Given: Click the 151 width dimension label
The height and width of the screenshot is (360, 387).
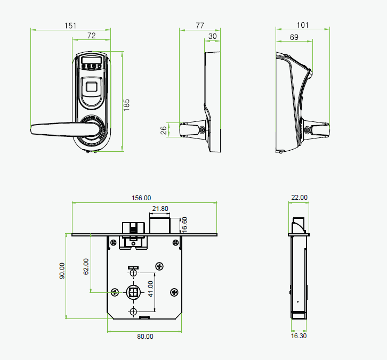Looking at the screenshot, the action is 70,26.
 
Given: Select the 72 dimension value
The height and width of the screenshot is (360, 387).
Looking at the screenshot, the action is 92,36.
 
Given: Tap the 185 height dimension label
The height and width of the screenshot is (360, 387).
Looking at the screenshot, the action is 126,105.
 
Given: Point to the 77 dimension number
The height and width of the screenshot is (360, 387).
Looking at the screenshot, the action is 200,26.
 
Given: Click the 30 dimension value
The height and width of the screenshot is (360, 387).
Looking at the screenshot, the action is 212,36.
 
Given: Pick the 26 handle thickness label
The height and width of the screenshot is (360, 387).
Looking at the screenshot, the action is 164,130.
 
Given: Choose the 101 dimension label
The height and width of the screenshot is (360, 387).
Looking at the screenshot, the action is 303,25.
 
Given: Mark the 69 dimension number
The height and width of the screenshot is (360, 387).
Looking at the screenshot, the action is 294,37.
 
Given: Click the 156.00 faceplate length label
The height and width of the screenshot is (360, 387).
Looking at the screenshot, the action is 141,198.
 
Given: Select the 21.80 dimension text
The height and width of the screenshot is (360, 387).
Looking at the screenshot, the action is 160,209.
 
